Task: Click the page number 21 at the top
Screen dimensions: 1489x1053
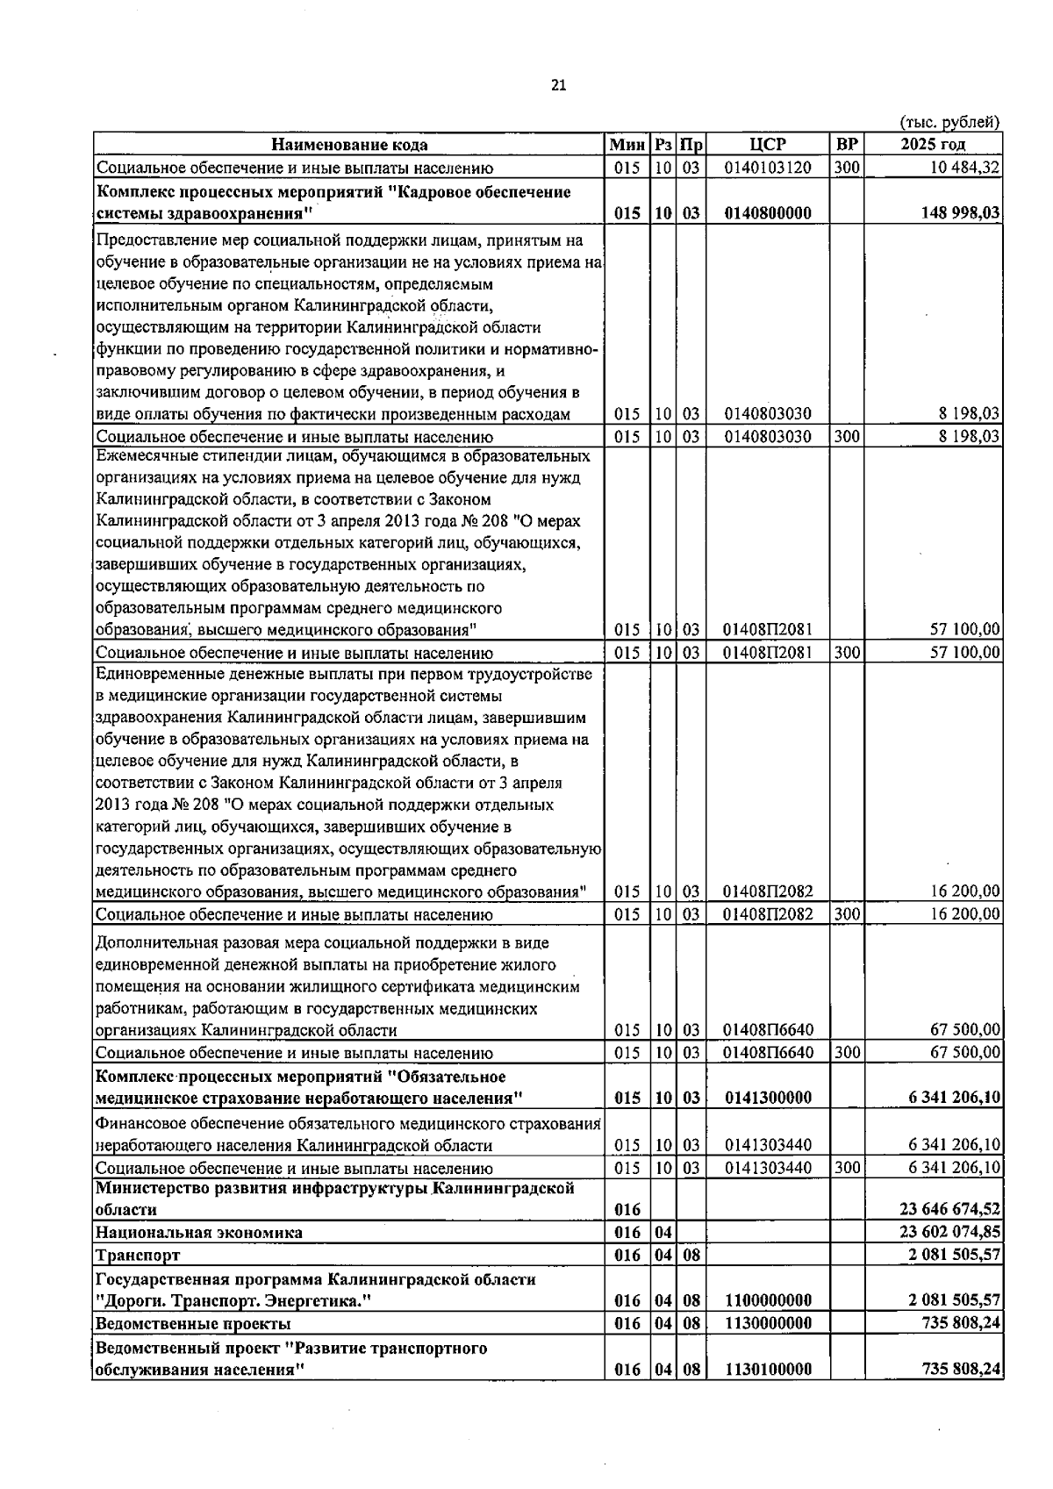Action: (x=559, y=85)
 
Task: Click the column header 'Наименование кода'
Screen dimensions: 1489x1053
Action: (x=349, y=145)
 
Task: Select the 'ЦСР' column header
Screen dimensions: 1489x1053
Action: (x=768, y=145)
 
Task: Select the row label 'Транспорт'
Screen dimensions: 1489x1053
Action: (x=139, y=1255)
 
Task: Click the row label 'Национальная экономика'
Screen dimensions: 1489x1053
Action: (x=199, y=1232)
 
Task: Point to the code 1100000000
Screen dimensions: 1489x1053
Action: (x=768, y=1300)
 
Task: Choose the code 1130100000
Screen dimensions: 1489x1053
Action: (x=768, y=1369)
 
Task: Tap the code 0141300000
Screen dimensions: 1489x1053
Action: (x=768, y=1098)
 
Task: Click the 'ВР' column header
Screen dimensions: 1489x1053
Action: (x=847, y=145)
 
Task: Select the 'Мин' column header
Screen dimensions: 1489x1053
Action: (x=627, y=145)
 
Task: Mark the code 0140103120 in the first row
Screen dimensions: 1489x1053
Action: (x=768, y=168)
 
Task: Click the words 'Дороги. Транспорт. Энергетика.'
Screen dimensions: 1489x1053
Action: (x=230, y=1300)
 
